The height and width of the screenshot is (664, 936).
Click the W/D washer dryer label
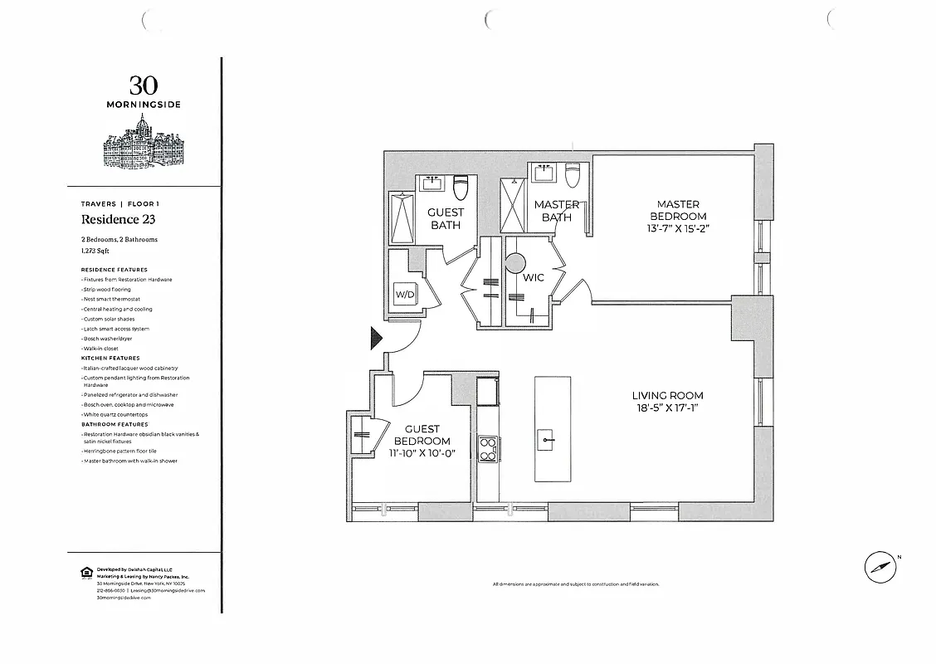coord(403,295)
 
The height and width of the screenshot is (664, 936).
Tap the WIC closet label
coord(534,277)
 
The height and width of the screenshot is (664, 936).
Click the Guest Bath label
coord(446,218)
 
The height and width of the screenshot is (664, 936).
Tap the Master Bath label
coord(557,211)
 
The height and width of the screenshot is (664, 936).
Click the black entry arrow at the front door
coord(376,338)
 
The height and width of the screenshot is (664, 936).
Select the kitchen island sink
coord(547,437)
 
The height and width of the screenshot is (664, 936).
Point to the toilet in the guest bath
coord(462,187)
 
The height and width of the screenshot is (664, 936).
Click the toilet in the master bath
coord(572,177)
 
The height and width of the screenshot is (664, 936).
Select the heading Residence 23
coord(118,220)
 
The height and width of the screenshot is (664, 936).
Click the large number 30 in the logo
coord(144,85)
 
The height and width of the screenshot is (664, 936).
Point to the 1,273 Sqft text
coord(95,250)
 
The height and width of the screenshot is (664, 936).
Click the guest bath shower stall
coord(402,217)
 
